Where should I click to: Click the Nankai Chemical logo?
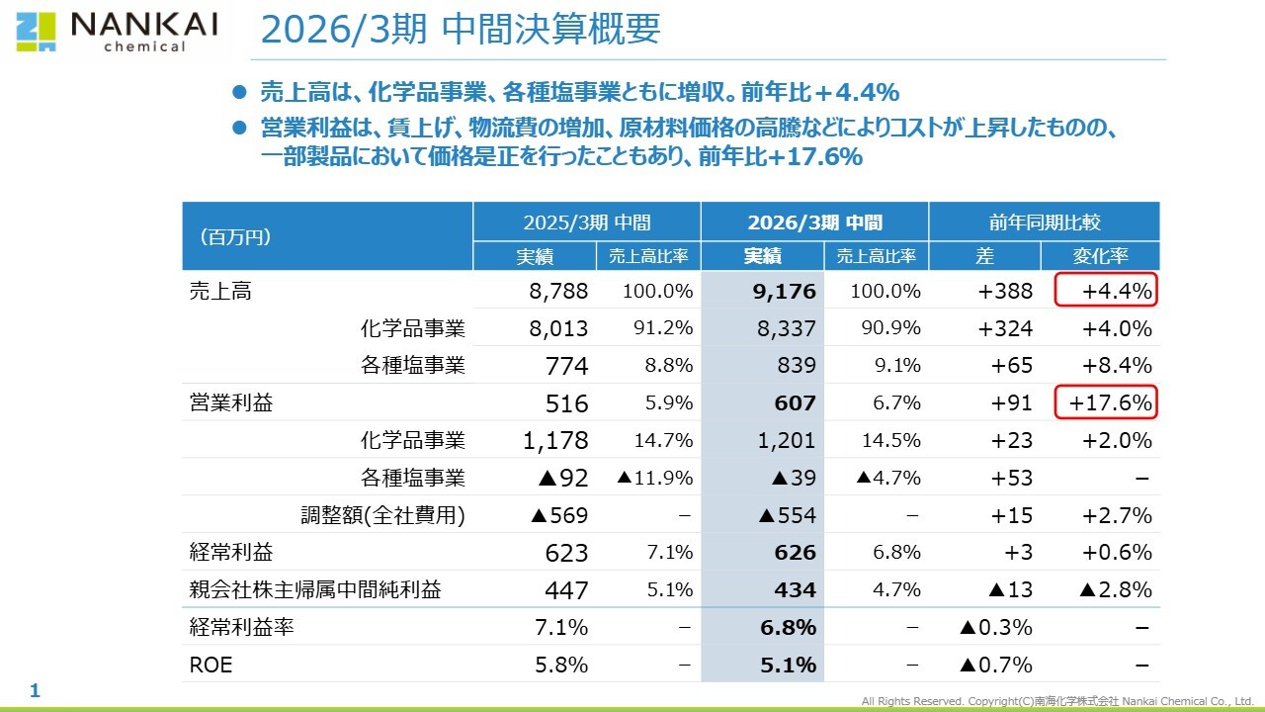(116, 31)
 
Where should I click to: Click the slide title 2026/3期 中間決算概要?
(460, 31)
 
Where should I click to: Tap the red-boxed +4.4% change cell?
(1105, 291)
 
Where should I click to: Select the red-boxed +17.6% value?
(1105, 402)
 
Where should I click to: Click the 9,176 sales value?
(784, 291)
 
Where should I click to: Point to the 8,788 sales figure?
(558, 291)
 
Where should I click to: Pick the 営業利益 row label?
(231, 402)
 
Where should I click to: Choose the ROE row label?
(211, 665)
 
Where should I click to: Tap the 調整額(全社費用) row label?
(382, 515)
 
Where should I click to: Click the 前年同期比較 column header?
(1044, 222)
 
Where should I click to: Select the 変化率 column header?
(1100, 256)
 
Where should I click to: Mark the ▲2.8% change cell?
(1115, 589)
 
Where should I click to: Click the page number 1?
(35, 690)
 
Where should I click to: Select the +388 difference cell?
(1004, 291)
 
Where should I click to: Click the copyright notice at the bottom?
(1056, 701)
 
